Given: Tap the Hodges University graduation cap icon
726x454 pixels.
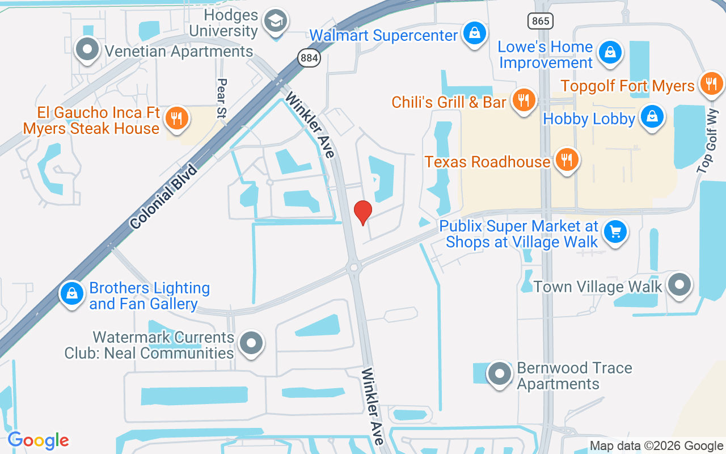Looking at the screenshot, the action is tap(276, 22).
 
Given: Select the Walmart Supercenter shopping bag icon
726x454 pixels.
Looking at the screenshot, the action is tap(475, 33).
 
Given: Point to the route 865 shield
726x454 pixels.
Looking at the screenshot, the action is tap(540, 22).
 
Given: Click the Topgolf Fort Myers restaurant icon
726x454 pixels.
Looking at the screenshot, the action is tap(711, 84).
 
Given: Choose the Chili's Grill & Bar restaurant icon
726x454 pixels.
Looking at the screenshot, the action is tap(524, 100).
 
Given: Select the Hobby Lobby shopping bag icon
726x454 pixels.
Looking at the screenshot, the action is tap(652, 117).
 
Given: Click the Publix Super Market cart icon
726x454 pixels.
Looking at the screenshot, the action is tap(615, 232).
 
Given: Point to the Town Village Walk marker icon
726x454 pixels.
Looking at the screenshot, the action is tap(679, 284).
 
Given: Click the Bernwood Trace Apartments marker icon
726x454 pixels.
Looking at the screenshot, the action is tap(500, 374).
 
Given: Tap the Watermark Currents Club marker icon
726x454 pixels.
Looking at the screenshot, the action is tap(251, 343).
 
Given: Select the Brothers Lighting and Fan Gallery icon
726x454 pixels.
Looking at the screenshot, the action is tap(72, 294).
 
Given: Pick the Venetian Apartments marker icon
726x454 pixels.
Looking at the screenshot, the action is tap(87, 49).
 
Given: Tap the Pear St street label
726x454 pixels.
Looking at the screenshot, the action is tap(222, 98).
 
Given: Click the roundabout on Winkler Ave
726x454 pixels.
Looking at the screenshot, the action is tap(354, 266).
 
